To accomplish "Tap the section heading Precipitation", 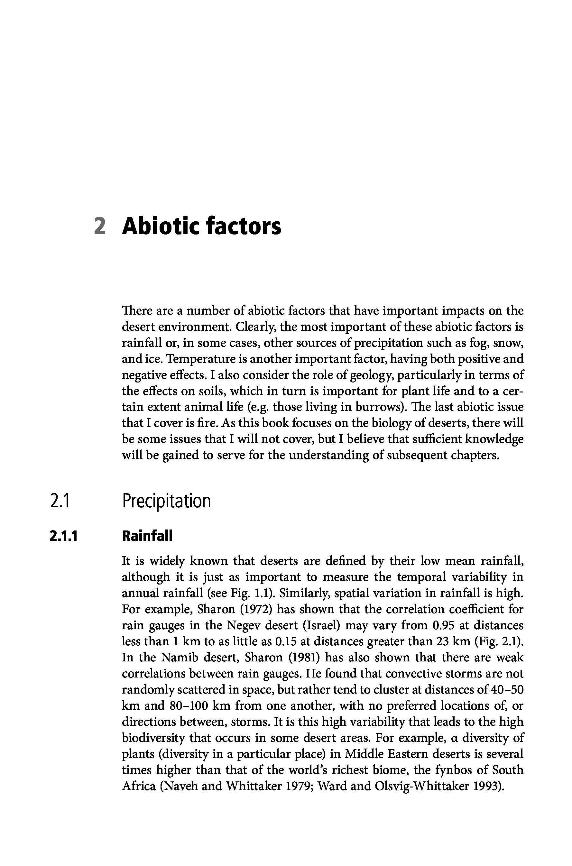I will point(166,501).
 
